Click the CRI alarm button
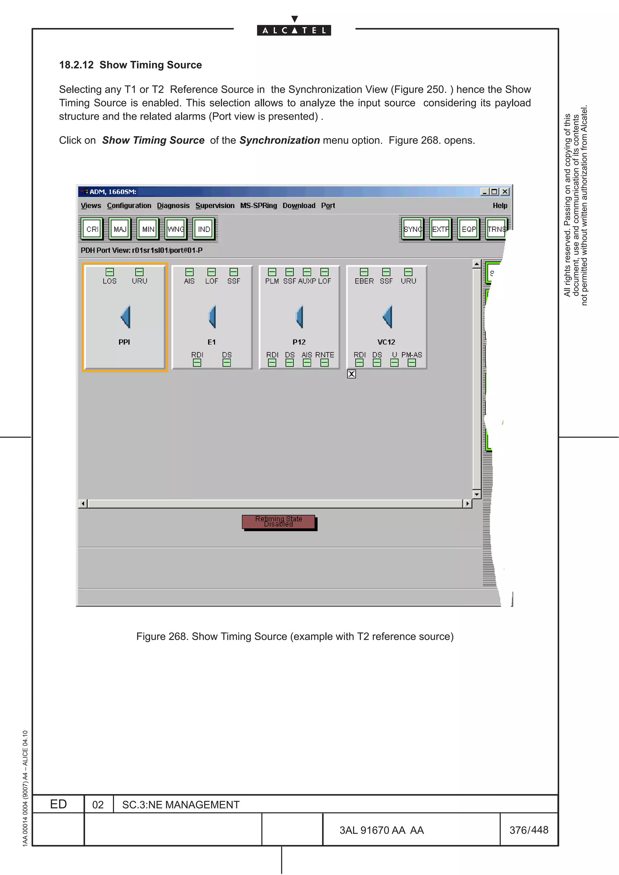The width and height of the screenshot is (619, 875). point(92,229)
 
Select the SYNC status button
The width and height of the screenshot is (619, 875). point(413,229)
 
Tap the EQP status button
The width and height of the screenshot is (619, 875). point(468,229)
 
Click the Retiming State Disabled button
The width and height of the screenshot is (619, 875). point(278,522)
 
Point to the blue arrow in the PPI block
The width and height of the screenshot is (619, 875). point(125,316)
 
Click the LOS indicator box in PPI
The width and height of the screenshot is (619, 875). point(109,272)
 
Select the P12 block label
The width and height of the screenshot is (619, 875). point(299,342)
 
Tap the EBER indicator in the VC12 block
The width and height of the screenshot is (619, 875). point(364,272)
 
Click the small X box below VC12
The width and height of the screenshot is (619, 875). point(351,374)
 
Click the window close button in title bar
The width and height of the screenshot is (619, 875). point(504,192)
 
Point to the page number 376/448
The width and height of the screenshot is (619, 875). point(529,830)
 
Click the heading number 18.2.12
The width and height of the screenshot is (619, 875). point(76,65)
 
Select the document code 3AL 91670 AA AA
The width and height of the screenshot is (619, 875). point(381,830)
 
